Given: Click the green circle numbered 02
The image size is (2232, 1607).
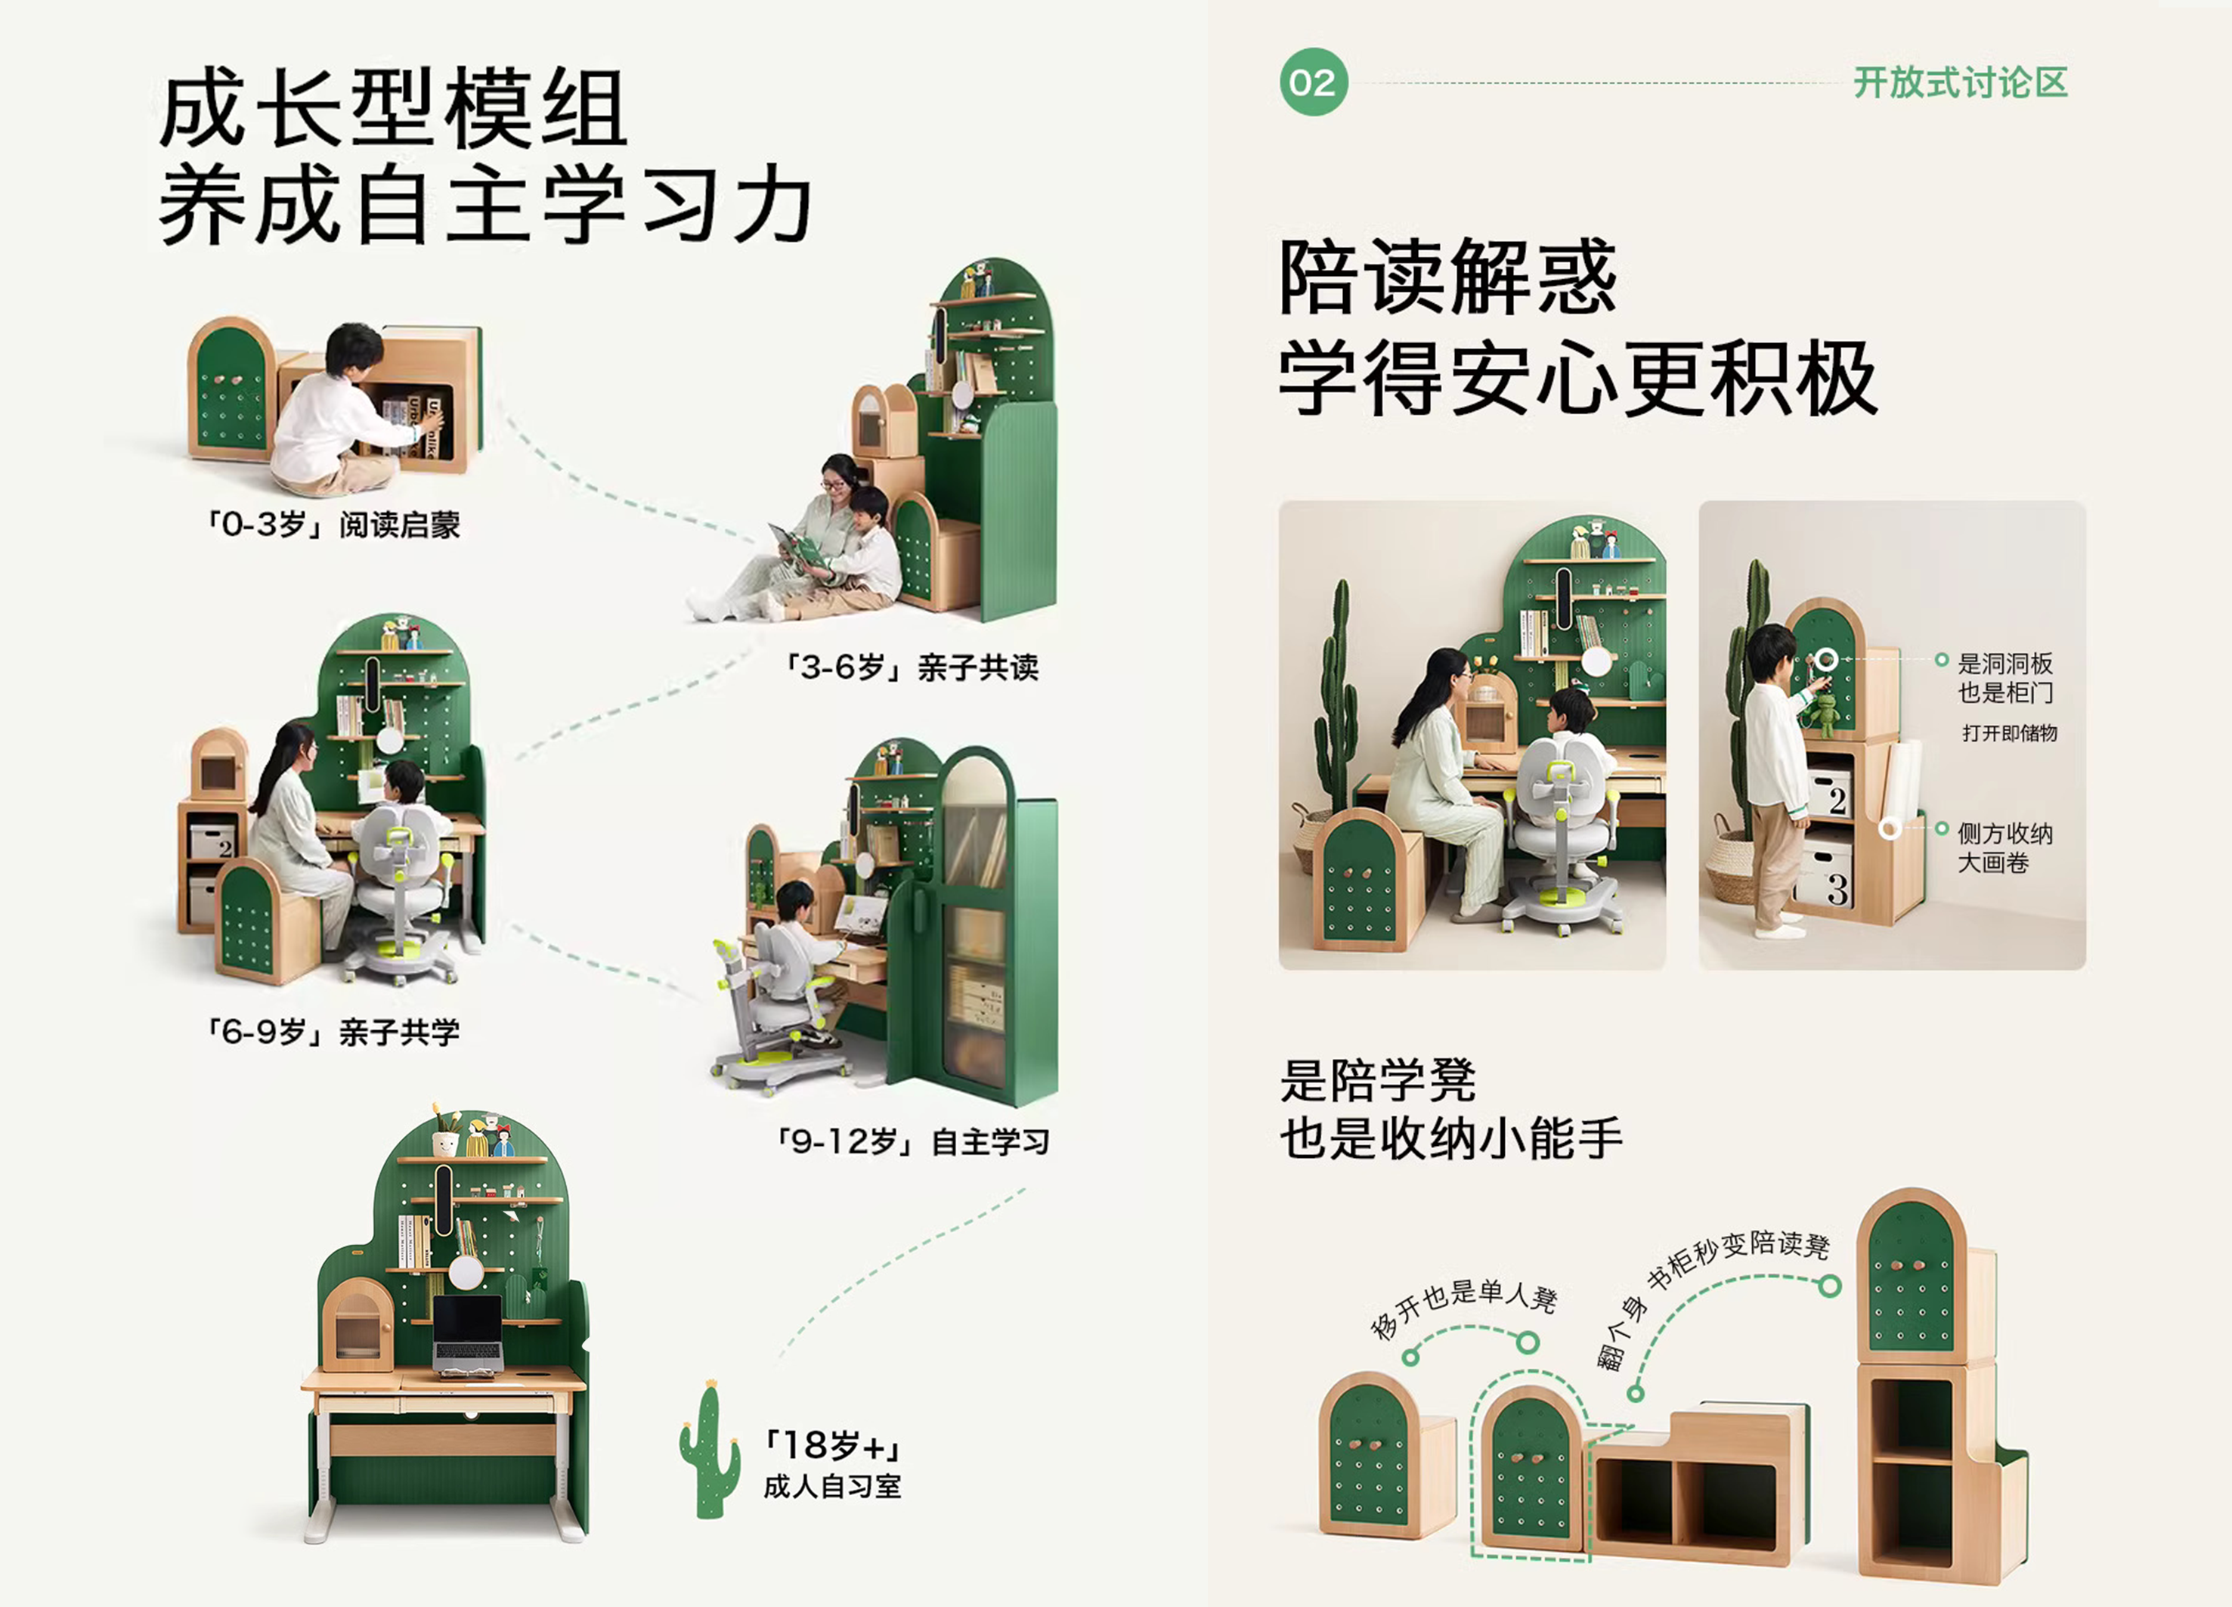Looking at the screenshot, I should [1313, 82].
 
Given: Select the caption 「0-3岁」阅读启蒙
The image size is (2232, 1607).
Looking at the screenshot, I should [333, 525].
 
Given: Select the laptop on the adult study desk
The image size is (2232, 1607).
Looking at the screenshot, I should [467, 1333].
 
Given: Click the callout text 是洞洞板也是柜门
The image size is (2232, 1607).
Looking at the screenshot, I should [2004, 678].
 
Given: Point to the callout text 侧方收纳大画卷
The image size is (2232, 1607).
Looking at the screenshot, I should [2004, 847].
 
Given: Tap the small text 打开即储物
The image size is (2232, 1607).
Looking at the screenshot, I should [2008, 733].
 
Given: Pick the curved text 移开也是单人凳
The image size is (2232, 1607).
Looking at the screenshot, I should [1464, 1305].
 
